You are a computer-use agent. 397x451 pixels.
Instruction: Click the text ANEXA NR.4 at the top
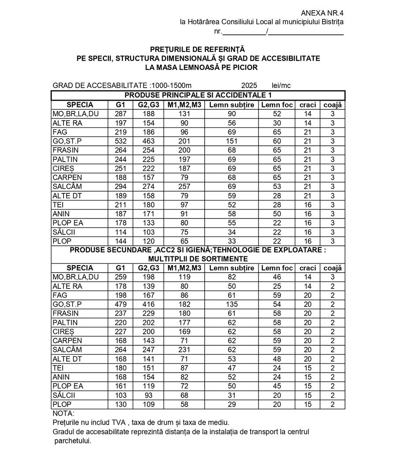(322, 13)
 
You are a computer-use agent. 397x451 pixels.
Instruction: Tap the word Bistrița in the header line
(330, 22)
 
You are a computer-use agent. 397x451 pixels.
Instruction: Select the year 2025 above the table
(249, 85)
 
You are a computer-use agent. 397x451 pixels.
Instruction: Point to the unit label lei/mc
(281, 85)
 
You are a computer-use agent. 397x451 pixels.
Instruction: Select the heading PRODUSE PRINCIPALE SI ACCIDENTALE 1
(198, 95)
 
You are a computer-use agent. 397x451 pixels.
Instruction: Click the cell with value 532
(120, 141)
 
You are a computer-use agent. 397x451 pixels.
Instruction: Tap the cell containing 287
(120, 114)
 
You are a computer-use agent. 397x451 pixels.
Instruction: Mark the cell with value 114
(120, 232)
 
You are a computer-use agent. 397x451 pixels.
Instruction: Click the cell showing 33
(232, 241)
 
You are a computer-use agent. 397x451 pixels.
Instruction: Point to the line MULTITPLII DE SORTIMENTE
(198, 259)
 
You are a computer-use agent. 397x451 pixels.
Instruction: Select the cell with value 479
(120, 304)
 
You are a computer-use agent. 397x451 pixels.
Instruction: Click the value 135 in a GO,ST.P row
(232, 304)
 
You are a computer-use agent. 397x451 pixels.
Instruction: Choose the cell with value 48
(277, 359)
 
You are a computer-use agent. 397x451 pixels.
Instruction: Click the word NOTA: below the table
(64, 414)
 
